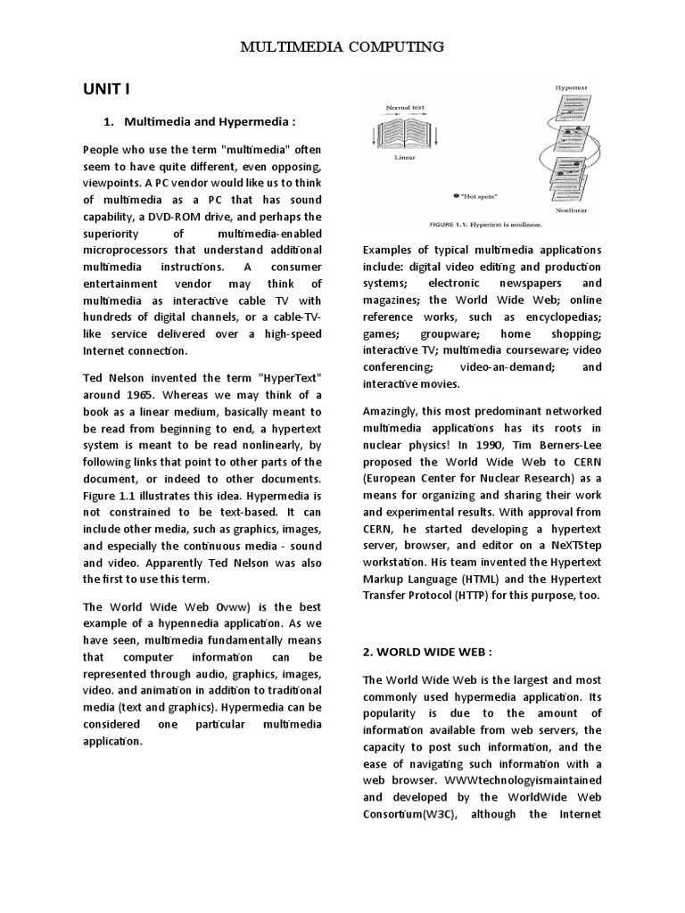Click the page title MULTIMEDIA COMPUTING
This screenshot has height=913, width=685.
pyautogui.click(x=342, y=47)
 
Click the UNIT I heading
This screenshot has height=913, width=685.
pyautogui.click(x=108, y=89)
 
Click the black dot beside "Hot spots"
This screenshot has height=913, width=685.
pyautogui.click(x=457, y=194)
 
